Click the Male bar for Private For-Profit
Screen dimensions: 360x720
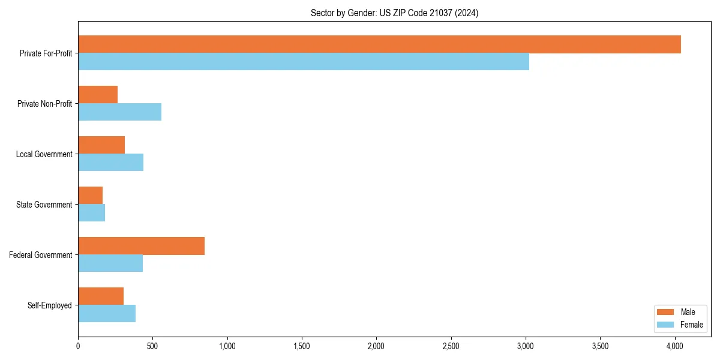[x=379, y=44]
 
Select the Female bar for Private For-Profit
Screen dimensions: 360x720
[x=304, y=62]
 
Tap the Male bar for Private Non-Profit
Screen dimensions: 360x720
[x=98, y=95]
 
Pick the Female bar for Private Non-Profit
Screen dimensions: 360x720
[x=119, y=112]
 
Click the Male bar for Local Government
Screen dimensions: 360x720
[x=101, y=145]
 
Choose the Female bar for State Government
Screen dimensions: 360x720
[x=91, y=213]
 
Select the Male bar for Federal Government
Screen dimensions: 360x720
[x=141, y=246]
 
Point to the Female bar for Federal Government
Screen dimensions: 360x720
[x=110, y=263]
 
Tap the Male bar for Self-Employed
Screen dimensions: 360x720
[x=101, y=296]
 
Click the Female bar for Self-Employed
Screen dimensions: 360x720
[x=107, y=314]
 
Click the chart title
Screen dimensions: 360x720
[x=394, y=13]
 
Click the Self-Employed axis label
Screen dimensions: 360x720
[x=50, y=305]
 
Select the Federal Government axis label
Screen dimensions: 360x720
[x=41, y=255]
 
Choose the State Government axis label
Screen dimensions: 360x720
[x=44, y=205]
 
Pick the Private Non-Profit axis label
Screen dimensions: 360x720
[x=45, y=104]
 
